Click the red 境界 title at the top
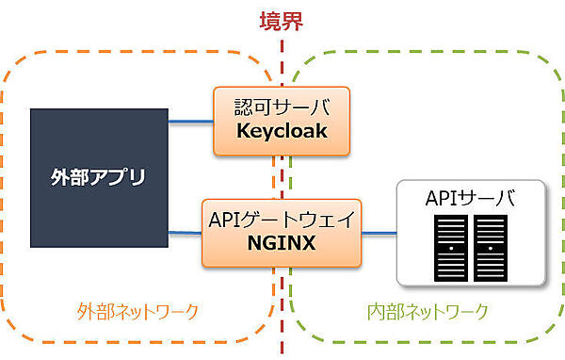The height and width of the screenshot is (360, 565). click(282, 21)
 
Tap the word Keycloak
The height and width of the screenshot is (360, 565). click(282, 131)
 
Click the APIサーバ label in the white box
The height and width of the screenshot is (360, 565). click(471, 199)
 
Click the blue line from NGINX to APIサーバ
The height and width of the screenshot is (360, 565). click(379, 232)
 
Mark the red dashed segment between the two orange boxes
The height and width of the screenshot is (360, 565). click(282, 177)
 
